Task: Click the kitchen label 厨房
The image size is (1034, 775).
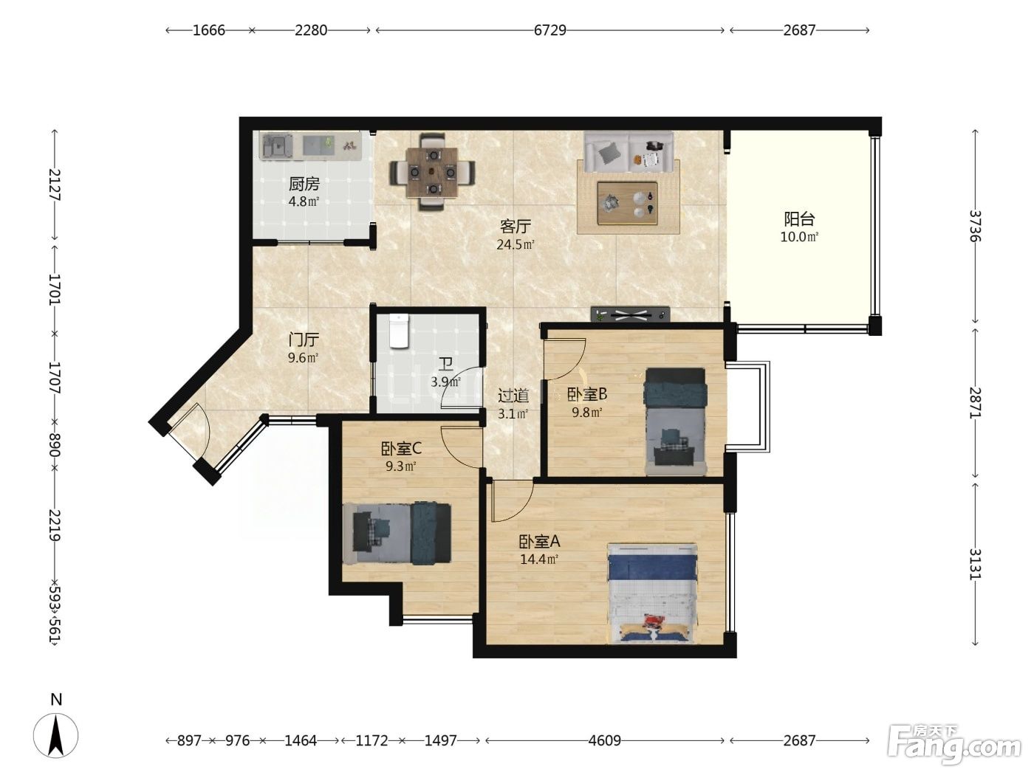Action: [x=304, y=184]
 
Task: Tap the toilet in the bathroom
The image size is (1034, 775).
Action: [x=399, y=331]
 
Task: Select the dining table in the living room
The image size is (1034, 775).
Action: [x=433, y=172]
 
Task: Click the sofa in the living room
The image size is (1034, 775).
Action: [x=629, y=151]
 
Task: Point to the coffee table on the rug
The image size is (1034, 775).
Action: [x=627, y=203]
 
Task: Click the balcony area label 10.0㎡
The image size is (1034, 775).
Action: [x=799, y=237]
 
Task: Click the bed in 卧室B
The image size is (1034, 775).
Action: [x=676, y=421]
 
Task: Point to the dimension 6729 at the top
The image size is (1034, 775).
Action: [x=549, y=30]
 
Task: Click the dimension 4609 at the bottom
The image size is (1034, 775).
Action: [x=604, y=740]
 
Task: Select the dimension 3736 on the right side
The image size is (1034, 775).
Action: [x=975, y=226]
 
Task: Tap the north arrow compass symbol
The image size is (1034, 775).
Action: [x=56, y=735]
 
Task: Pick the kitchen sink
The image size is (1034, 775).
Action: [x=278, y=145]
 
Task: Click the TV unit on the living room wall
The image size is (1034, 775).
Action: [x=630, y=314]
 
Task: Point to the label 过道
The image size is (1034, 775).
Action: [x=513, y=396]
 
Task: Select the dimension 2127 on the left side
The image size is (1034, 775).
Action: [x=55, y=185]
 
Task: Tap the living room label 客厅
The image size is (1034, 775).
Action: [x=516, y=227]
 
